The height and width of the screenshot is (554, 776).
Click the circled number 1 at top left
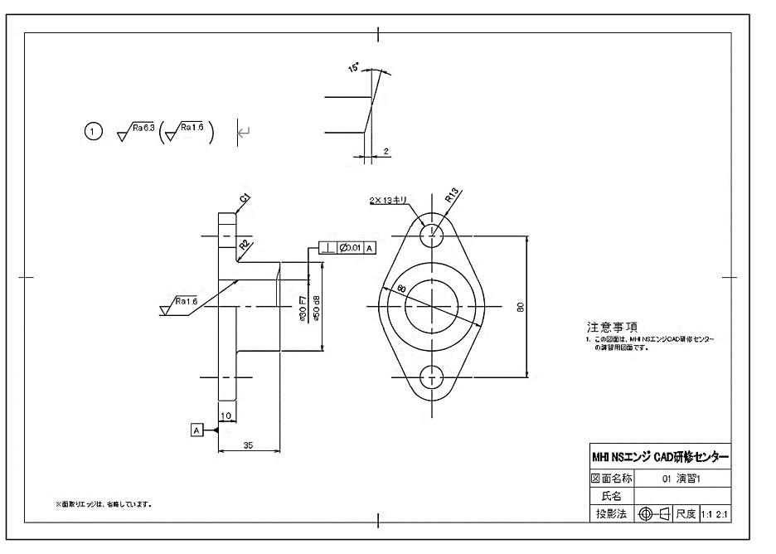(x=93, y=131)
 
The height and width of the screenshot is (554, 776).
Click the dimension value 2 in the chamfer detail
(x=387, y=152)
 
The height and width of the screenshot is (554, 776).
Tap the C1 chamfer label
(x=245, y=198)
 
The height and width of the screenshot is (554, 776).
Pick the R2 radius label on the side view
(x=244, y=244)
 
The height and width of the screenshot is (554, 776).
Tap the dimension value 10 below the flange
(x=226, y=415)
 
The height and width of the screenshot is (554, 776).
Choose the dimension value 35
(x=249, y=445)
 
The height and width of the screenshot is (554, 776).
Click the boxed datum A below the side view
(x=196, y=430)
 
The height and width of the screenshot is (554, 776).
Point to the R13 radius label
(x=451, y=196)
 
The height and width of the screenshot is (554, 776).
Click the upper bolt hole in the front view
(x=431, y=236)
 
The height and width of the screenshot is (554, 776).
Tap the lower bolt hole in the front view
(x=431, y=377)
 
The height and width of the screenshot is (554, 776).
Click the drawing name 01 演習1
(x=681, y=479)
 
